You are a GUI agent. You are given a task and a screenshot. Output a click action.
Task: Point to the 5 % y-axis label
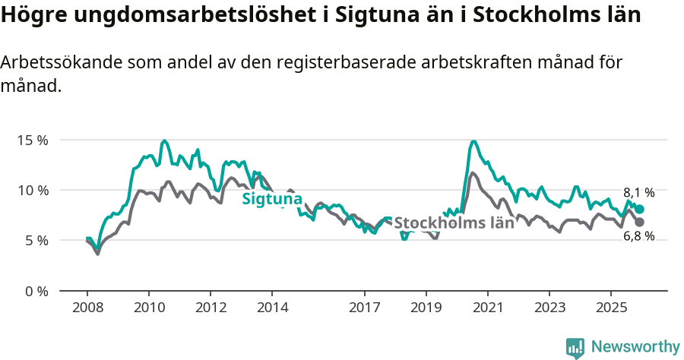point(36,240)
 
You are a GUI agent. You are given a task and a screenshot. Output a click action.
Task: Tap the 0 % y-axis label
point(36,291)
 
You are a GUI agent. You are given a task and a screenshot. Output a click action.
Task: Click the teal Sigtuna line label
point(272,200)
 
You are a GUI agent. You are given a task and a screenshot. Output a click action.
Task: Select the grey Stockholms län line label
point(454,223)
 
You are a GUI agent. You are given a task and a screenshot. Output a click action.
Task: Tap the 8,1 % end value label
point(639,193)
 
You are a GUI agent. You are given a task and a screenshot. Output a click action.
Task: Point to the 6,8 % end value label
point(639,236)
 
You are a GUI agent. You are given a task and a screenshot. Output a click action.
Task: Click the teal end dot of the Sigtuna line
point(640,209)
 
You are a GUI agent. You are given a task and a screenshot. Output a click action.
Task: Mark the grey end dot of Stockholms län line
point(640,222)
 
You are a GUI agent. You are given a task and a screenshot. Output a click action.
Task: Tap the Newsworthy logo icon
point(575,347)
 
